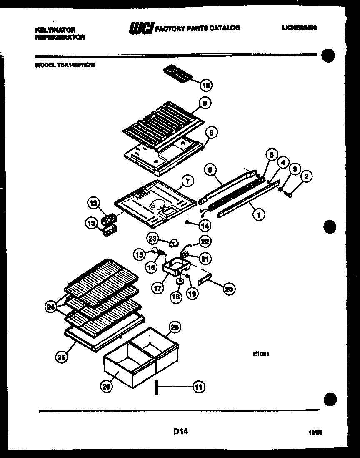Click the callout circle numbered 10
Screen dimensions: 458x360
tap(206, 86)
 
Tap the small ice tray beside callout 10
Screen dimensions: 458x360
tap(177, 74)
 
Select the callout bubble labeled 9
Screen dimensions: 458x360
tap(205, 103)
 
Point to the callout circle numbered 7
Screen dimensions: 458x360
tap(187, 181)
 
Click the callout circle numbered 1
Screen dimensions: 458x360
tap(258, 215)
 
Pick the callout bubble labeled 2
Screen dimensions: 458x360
tap(306, 177)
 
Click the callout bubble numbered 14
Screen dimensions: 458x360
tap(205, 225)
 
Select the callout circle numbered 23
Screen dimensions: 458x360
tap(153, 238)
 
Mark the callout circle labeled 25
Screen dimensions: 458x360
tap(61, 357)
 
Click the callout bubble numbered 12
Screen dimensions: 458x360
tap(93, 204)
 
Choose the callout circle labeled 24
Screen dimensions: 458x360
tap(51, 308)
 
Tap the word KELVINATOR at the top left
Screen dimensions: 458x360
tap(55, 30)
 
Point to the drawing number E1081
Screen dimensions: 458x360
tap(262, 355)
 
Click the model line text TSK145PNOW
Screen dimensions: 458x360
tap(65, 65)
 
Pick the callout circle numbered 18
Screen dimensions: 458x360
tap(176, 297)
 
